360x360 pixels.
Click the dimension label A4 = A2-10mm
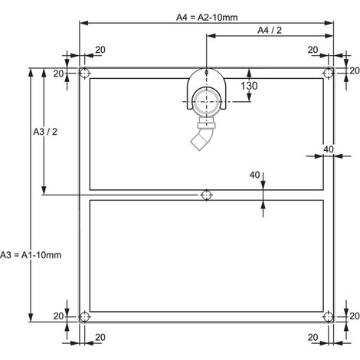point(207,18)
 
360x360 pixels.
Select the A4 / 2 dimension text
point(270,31)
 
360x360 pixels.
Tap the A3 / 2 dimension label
point(45,132)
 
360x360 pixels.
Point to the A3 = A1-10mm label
point(31,255)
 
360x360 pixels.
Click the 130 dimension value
point(249,86)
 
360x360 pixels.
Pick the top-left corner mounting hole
point(84,74)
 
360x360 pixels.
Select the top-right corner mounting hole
point(329,74)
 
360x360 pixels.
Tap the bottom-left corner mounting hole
point(84,317)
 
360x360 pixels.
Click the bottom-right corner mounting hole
point(329,317)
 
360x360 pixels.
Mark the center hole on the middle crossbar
point(206,195)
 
